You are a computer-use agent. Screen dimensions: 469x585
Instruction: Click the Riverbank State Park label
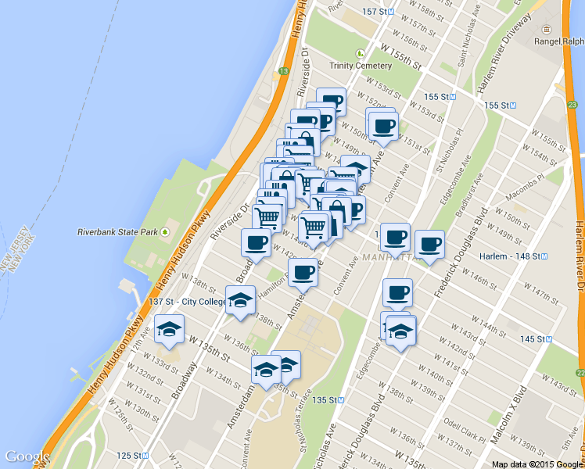[x=117, y=232]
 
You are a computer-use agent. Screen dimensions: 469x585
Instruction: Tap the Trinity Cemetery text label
[x=360, y=66]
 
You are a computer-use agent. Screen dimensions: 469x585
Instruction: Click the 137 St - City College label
[x=185, y=302]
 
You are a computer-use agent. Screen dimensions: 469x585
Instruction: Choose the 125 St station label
[x=129, y=455]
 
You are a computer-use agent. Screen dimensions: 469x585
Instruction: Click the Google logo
[x=27, y=456]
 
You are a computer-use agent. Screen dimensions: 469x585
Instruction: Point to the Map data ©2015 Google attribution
[x=537, y=464]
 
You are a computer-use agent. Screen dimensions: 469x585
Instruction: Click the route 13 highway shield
[x=282, y=71]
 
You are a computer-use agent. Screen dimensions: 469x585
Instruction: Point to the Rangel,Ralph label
[x=558, y=42]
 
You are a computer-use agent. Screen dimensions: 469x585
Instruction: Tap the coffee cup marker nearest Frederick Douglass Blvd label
[x=429, y=244]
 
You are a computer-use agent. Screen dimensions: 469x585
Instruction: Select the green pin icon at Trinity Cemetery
[x=360, y=53]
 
